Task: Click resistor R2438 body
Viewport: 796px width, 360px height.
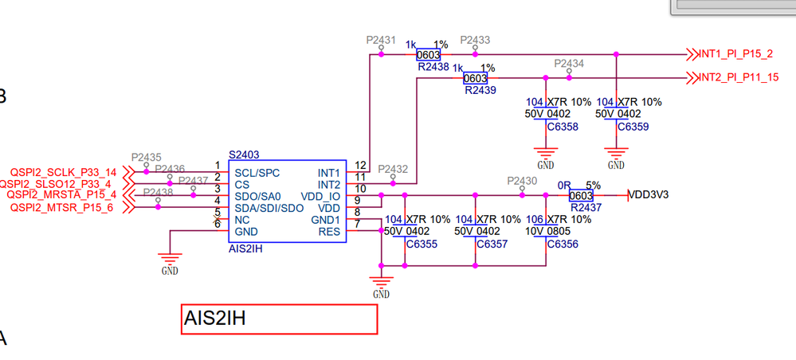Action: coord(429,55)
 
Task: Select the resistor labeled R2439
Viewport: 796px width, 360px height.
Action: coord(475,78)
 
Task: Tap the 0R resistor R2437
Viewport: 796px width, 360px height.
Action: coord(581,195)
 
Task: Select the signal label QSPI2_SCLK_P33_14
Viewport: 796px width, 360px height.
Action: coord(63,172)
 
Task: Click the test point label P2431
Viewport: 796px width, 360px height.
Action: coord(381,39)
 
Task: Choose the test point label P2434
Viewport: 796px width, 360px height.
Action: coord(569,63)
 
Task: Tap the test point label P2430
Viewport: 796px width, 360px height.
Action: coord(522,181)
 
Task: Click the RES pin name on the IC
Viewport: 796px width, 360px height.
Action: coord(329,232)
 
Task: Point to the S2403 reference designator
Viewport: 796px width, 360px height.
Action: coord(244,155)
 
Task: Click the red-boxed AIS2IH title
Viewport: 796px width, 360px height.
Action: coord(280,319)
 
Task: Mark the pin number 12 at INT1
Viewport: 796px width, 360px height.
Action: coord(360,165)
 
